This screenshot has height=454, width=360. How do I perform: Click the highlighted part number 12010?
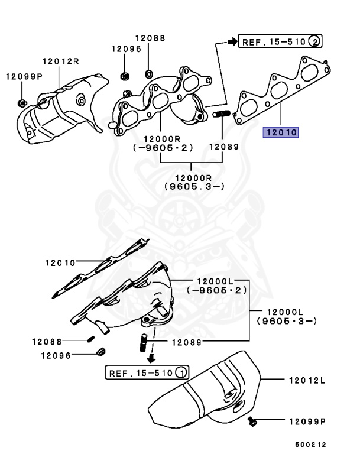[x=281, y=132]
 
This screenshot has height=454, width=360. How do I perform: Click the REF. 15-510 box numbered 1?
[x=147, y=372]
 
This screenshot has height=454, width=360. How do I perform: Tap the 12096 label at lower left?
[x=56, y=355]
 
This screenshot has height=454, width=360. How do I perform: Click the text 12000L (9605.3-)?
[x=287, y=316]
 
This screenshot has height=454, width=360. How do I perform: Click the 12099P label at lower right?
[x=307, y=421]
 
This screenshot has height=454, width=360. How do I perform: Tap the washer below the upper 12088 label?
[x=148, y=74]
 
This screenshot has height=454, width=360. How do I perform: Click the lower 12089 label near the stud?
[x=187, y=342]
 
